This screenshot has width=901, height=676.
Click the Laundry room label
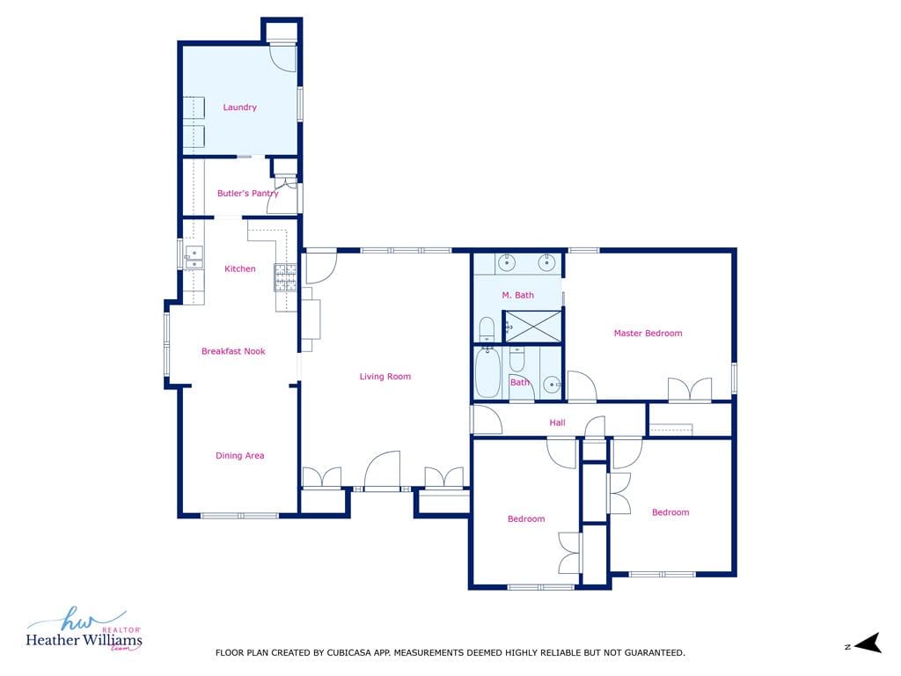tap(239, 107)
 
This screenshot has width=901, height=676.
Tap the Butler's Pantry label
tap(247, 194)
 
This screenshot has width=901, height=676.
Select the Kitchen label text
tap(240, 269)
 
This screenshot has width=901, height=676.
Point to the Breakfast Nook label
tap(233, 351)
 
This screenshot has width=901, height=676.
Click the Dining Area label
tap(240, 456)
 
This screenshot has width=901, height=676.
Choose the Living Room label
tap(385, 377)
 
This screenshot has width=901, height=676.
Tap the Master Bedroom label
tap(648, 334)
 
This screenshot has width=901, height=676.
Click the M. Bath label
tap(517, 296)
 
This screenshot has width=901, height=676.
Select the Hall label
tap(557, 422)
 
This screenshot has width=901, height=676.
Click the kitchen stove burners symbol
tap(285, 277)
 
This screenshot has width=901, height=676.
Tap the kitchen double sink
tap(194, 258)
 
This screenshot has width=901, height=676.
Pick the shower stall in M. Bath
tap(532, 327)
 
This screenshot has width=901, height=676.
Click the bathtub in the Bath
tap(487, 372)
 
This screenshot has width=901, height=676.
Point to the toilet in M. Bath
tap(487, 329)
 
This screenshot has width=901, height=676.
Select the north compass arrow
tap(868, 643)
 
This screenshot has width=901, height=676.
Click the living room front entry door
tap(382, 470)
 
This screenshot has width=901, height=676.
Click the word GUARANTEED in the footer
tap(655, 653)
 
